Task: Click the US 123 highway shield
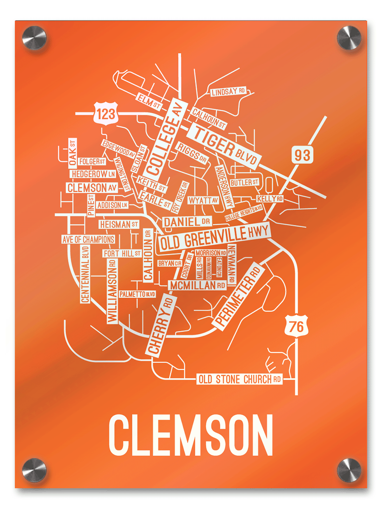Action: pyautogui.click(x=105, y=113)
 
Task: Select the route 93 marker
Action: pyautogui.click(x=303, y=155)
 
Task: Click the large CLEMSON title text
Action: pyautogui.click(x=191, y=435)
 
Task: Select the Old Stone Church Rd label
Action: pyautogui.click(x=240, y=379)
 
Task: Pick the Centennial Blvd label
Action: pyautogui.click(x=85, y=274)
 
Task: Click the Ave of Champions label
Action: pyautogui.click(x=88, y=239)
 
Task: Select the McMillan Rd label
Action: pyautogui.click(x=198, y=285)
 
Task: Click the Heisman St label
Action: pyautogui.click(x=118, y=224)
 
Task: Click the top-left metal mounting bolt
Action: pyautogui.click(x=34, y=38)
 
